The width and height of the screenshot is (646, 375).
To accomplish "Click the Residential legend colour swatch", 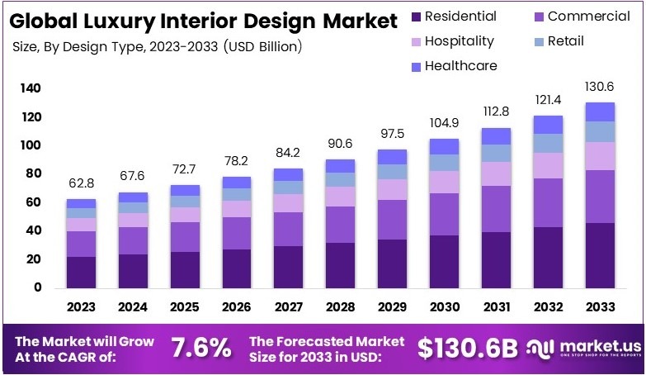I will point(416,17).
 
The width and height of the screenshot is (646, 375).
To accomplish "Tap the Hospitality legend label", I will point(459,40).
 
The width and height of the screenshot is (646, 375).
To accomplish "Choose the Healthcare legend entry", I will point(461,65).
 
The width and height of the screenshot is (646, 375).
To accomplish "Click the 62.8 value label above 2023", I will point(81,183).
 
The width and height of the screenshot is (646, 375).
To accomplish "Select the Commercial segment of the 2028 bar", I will point(340,225).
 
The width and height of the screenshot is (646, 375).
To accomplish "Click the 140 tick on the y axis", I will point(31,88).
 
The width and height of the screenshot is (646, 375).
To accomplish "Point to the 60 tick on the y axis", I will point(34,202).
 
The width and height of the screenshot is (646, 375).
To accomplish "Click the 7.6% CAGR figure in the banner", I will point(200,348).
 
